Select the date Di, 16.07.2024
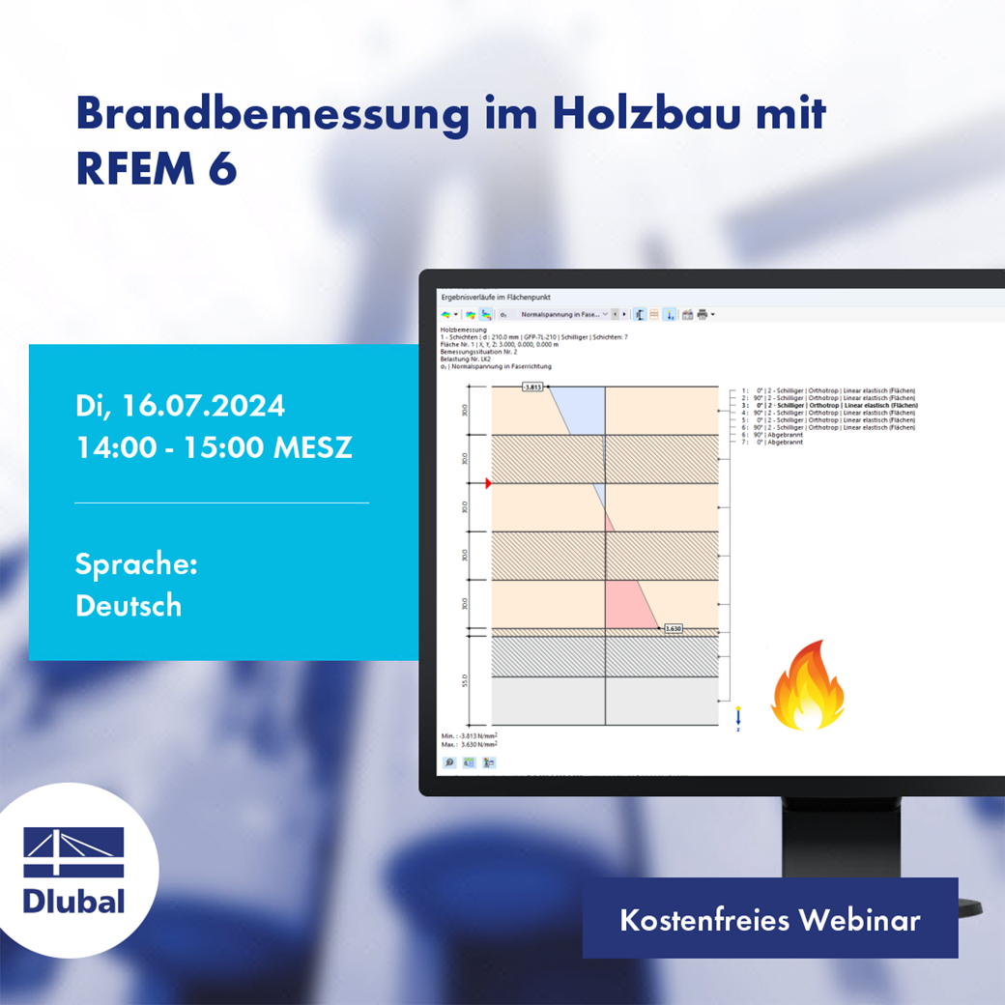pyautogui.click(x=180, y=405)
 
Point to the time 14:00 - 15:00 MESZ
pyautogui.click(x=214, y=448)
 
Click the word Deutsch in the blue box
pyautogui.click(x=129, y=605)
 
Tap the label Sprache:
pyautogui.click(x=136, y=563)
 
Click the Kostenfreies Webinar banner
pyautogui.click(x=769, y=919)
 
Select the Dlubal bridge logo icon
pyautogui.click(x=73, y=851)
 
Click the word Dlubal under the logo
pyautogui.click(x=74, y=902)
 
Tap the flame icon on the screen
pyautogui.click(x=808, y=685)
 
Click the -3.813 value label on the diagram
pyautogui.click(x=532, y=387)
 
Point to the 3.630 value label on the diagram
pyautogui.click(x=674, y=628)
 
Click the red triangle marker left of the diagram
pyautogui.click(x=489, y=483)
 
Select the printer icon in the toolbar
pyautogui.click(x=703, y=314)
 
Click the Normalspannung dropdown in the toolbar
pyautogui.click(x=564, y=314)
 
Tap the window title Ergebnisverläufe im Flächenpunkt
pyautogui.click(x=495, y=297)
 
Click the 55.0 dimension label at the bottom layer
pyautogui.click(x=465, y=680)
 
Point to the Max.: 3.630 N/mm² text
pyautogui.click(x=470, y=745)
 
